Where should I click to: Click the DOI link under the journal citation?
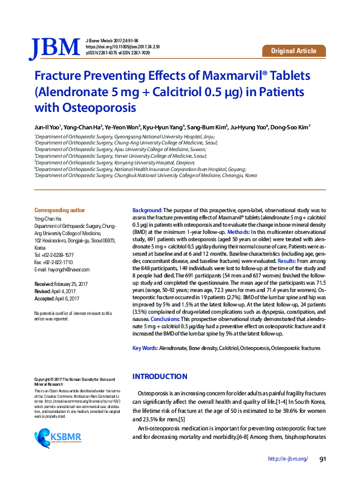tap(123, 47)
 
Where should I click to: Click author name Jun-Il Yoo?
tap(47, 128)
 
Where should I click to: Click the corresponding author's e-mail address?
tap(68, 270)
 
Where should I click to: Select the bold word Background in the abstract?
tap(147, 209)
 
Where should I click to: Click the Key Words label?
tap(145, 349)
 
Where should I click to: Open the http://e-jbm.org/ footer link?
tap(287, 459)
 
